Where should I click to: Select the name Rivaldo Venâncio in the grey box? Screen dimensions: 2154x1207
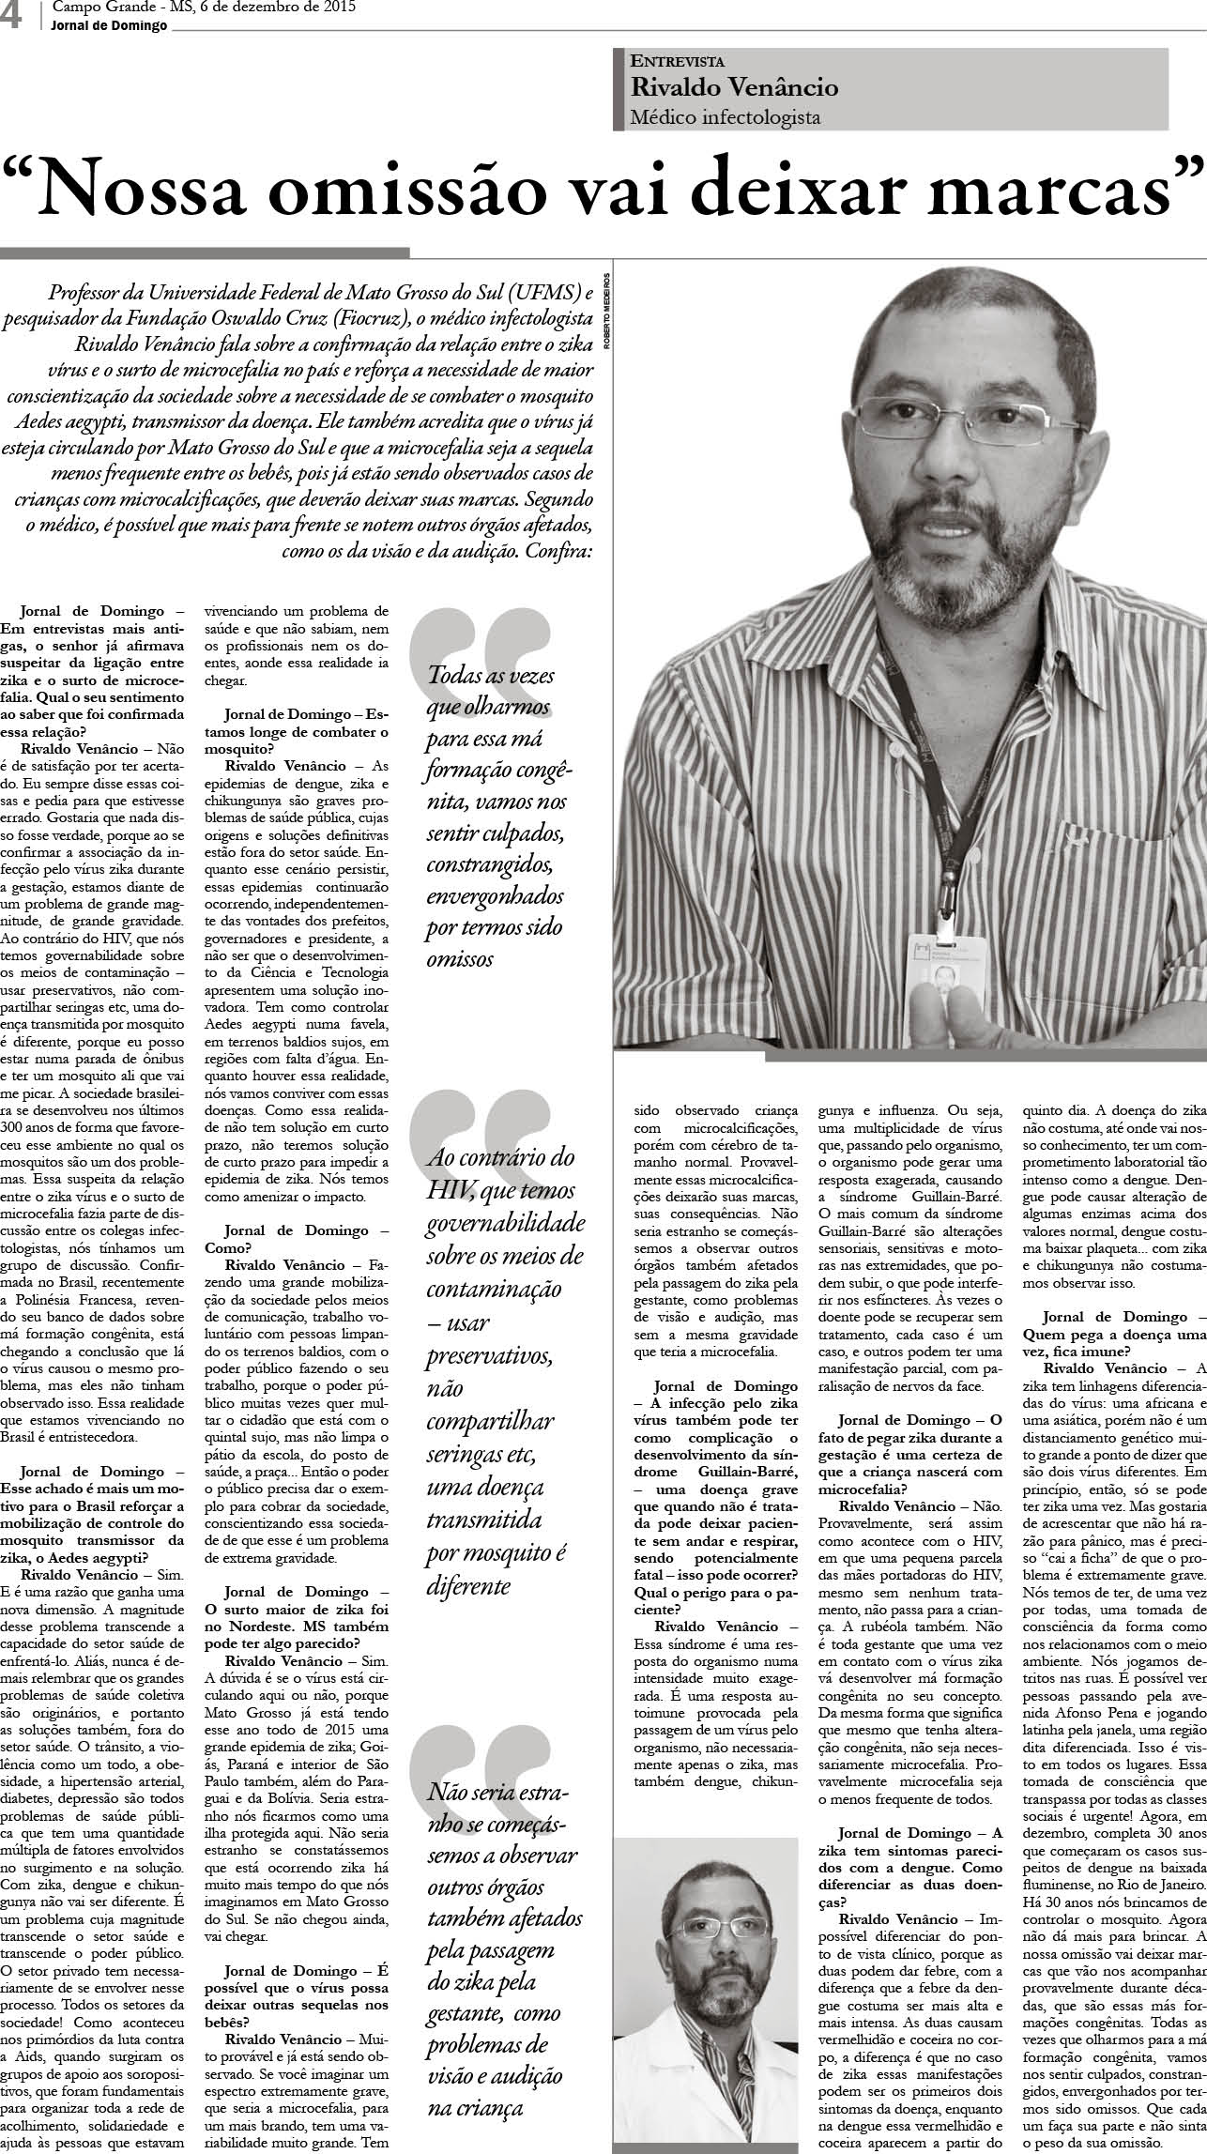pos(734,88)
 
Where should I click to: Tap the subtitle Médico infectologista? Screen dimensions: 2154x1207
pos(726,117)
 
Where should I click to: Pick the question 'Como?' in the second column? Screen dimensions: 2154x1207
pos(227,1246)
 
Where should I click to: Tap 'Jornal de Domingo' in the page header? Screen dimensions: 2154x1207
pos(109,25)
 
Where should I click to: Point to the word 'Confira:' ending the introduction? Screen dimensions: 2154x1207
pos(559,550)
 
